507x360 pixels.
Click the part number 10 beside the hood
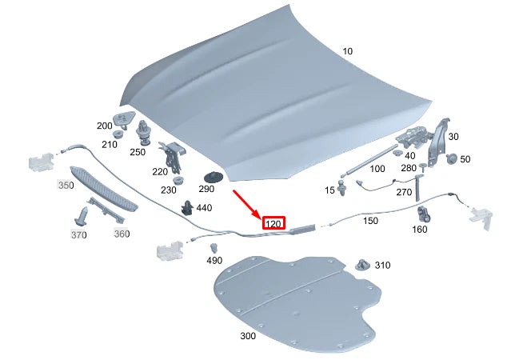coord(346,51)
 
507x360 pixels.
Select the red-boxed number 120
coord(273,224)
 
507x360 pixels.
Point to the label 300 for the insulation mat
coord(248,336)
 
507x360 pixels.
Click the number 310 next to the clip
coord(382,265)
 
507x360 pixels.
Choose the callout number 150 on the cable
coord(369,220)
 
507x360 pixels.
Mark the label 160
coord(419,230)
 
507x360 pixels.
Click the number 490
coord(214,261)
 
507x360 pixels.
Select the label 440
coord(204,208)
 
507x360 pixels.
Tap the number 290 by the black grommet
coord(206,189)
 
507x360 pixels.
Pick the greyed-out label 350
coord(66,185)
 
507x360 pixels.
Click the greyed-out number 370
coord(78,235)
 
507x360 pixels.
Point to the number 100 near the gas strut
coord(377,169)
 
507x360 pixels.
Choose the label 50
coord(465,160)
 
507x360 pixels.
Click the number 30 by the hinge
coord(453,138)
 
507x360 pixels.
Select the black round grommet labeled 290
coord(214,177)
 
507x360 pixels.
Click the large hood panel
coord(264,96)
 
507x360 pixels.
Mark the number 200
coord(104,126)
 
